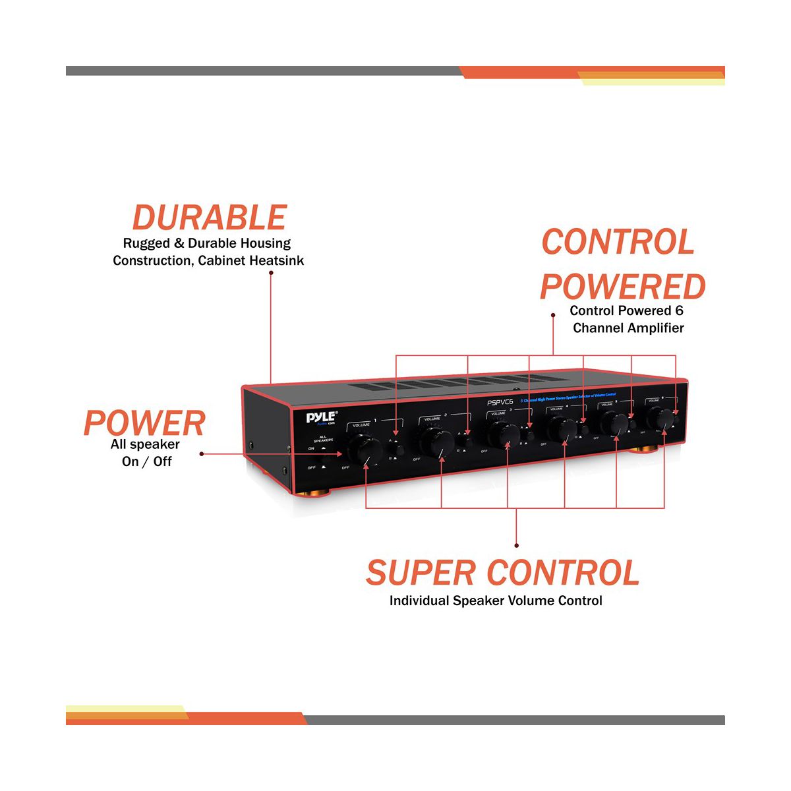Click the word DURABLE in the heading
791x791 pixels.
(210, 218)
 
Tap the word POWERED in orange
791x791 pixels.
(622, 287)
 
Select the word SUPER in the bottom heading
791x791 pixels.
(421, 573)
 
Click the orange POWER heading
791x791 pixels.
(144, 423)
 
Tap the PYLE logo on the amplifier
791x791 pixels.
(320, 417)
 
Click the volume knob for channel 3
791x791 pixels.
(502, 434)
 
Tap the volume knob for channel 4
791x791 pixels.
(562, 428)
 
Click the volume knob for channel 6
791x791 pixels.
(660, 419)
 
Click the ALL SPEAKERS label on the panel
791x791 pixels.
(323, 438)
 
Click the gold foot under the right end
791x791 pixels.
(647, 450)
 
